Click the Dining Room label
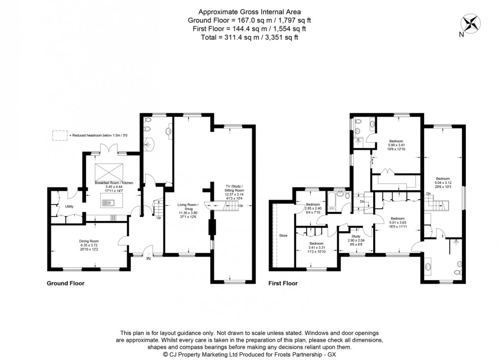[x=89, y=241]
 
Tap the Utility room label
[x=70, y=206]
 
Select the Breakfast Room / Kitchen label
[x=113, y=182]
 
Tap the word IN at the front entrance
[x=148, y=258]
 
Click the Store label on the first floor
[x=283, y=236]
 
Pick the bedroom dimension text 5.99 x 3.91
[x=396, y=145]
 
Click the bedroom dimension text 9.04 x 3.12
[x=442, y=183]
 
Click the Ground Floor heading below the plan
[x=66, y=283]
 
